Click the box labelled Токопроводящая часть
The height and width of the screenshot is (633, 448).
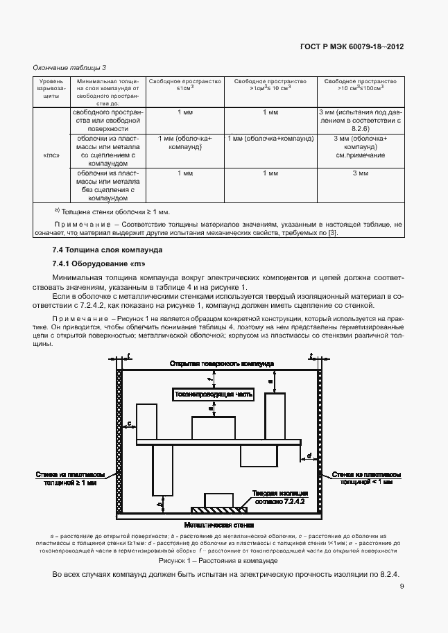point(214,394)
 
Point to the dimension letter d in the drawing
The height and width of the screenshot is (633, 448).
point(309,456)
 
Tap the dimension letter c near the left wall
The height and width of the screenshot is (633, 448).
point(130,422)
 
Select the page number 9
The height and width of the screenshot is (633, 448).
point(402,586)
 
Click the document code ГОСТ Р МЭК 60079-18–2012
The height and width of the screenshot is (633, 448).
point(352,47)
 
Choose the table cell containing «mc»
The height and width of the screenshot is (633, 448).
point(51,155)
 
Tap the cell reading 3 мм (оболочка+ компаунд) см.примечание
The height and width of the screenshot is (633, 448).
point(360,148)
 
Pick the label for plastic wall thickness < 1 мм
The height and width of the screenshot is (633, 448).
point(366,478)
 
